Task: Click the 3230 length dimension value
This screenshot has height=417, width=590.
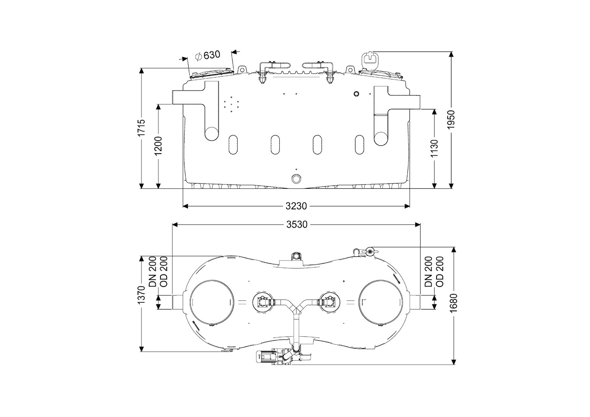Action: click(296, 206)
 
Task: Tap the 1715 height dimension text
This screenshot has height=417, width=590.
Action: click(142, 127)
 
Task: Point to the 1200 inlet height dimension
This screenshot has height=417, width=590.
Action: click(158, 146)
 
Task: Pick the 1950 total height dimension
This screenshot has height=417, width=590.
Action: click(451, 120)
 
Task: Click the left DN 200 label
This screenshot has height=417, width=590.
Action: click(152, 271)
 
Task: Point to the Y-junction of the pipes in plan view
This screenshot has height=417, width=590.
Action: click(296, 309)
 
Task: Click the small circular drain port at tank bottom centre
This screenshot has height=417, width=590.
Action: click(296, 179)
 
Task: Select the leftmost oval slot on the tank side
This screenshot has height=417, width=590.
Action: click(233, 144)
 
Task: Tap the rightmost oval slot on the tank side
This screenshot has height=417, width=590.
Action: click(360, 144)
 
